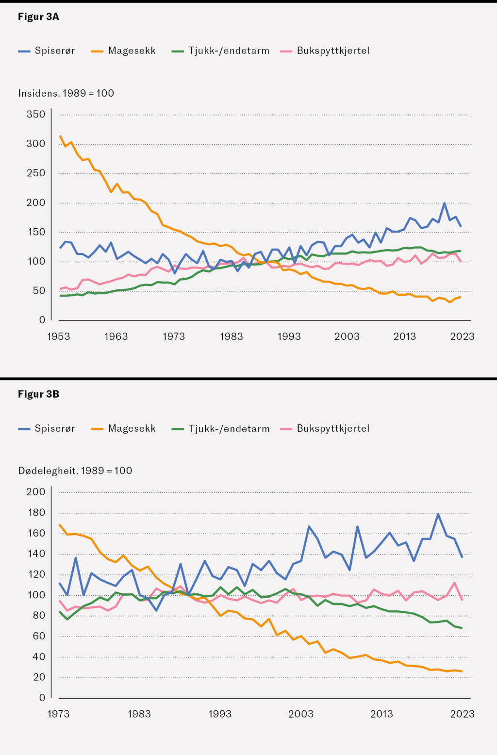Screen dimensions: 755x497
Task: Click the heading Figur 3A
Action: (38, 17)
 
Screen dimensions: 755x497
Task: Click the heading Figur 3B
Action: (38, 394)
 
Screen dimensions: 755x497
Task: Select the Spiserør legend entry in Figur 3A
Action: (47, 51)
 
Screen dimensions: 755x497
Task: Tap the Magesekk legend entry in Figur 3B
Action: (124, 429)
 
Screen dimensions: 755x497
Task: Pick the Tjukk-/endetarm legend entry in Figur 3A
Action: (221, 51)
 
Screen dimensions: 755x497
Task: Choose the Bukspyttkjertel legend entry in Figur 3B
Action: (325, 429)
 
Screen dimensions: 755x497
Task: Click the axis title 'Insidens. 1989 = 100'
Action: (66, 93)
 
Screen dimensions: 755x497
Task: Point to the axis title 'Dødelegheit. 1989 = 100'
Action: (75, 470)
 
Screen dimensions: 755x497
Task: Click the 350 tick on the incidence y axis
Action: (36, 115)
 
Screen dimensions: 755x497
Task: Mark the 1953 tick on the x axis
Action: (58, 336)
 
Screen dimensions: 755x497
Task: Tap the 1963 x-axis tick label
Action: (116, 336)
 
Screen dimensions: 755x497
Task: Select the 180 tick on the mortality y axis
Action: (36, 512)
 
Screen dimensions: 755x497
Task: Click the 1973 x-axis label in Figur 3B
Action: (58, 714)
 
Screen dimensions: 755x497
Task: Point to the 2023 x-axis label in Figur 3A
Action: (462, 336)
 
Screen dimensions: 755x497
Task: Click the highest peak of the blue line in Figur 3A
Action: (444, 203)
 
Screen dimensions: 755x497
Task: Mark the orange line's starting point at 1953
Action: (60, 136)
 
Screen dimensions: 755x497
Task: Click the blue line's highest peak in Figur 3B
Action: (438, 514)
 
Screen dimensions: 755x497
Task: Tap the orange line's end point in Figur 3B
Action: (462, 671)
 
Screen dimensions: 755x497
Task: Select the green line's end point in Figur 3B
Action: (462, 628)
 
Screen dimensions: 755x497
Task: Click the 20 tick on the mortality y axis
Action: (39, 677)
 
